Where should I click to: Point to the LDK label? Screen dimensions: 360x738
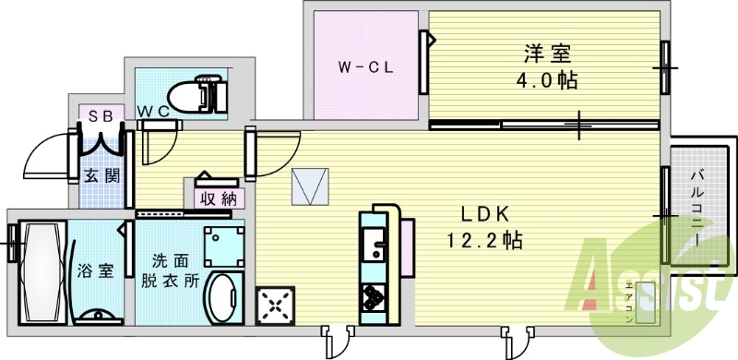pos(486,214)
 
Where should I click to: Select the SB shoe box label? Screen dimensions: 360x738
pos(101,114)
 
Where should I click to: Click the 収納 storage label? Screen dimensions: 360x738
pos(217,198)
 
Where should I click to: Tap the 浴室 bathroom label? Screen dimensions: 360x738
pos(95,271)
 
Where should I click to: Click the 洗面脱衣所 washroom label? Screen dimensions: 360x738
pos(169,271)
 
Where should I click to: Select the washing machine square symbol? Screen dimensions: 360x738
pos(222,246)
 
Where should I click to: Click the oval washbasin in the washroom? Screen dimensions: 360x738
pos(223,297)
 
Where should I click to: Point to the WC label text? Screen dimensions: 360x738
pos(151,112)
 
